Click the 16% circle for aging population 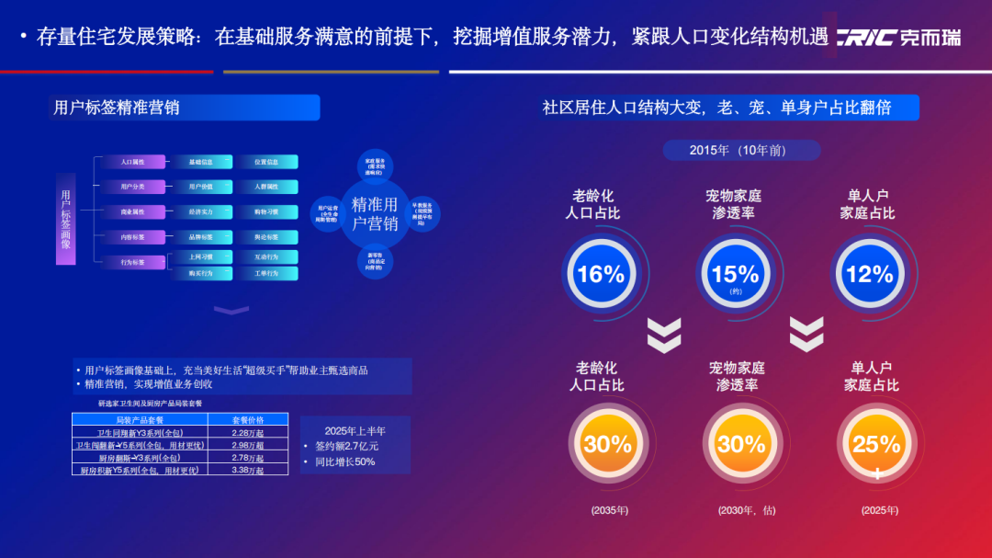(600, 273)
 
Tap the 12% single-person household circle (869, 273)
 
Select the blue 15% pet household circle (735, 273)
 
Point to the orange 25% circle (875, 444)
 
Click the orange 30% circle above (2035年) (607, 444)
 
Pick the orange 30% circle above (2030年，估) (741, 444)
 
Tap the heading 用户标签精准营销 (117, 108)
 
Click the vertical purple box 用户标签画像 (66, 219)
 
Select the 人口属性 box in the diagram (132, 162)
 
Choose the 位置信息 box (266, 162)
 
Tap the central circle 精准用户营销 (374, 213)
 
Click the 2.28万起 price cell (248, 433)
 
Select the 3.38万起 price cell (248, 470)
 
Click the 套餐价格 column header (248, 420)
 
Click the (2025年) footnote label (880, 510)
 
